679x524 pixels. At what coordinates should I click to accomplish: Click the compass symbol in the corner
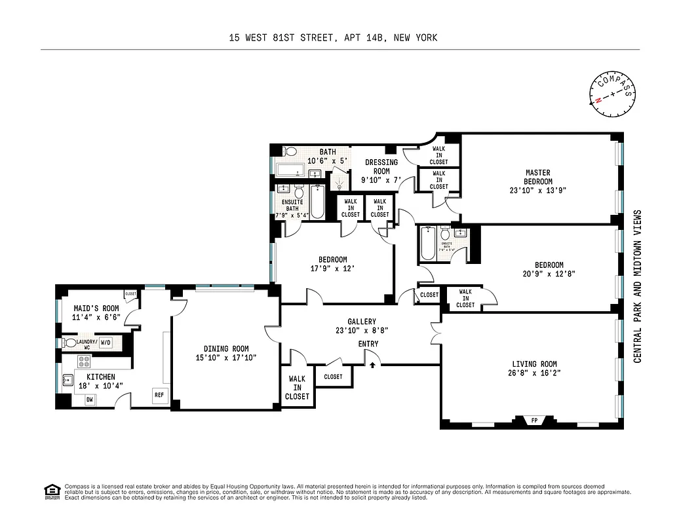(613, 94)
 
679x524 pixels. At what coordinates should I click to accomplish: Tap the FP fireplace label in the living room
(533, 421)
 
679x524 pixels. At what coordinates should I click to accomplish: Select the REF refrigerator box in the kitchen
(159, 395)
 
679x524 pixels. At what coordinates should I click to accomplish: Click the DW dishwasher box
(89, 399)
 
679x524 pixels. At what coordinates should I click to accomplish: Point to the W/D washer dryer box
(106, 343)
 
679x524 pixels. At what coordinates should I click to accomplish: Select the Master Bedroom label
(537, 177)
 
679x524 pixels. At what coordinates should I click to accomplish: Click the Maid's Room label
(96, 309)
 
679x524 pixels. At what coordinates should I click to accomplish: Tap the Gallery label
(362, 322)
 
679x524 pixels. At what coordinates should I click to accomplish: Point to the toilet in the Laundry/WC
(69, 343)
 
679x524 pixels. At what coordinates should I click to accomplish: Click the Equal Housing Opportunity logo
(51, 490)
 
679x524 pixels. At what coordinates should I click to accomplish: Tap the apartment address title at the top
(333, 38)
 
